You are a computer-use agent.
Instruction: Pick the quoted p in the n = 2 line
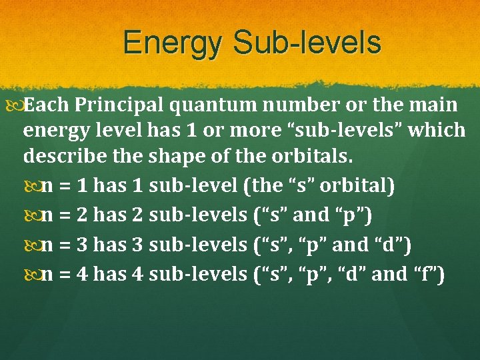pos(351,215)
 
